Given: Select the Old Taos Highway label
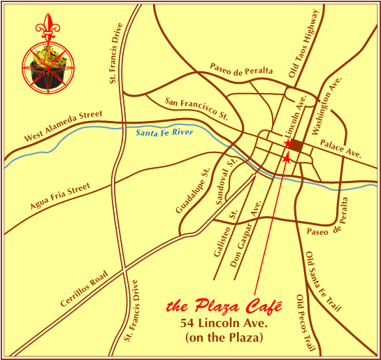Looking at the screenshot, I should [303, 43].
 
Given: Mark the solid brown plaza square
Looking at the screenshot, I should [296, 146].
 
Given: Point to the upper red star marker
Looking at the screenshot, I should [287, 144].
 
